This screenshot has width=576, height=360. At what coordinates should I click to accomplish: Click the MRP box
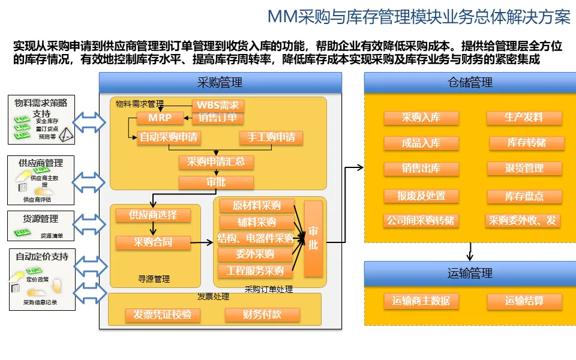160,118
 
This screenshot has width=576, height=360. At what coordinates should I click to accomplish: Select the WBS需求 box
218,106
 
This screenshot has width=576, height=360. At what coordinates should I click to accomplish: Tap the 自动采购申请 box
169,137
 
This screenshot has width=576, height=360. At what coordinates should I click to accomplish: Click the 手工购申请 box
271,137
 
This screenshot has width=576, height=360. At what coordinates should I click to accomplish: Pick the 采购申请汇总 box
216,162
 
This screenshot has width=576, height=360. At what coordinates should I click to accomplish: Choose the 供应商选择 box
152,215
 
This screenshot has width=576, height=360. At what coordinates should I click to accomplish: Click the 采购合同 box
152,242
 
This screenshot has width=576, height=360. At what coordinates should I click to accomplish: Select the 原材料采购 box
256,206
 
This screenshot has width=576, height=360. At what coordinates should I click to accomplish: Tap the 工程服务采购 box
255,271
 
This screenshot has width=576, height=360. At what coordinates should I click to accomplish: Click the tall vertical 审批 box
313,239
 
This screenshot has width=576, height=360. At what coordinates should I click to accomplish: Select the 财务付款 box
262,314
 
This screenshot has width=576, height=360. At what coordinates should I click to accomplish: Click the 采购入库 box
421,118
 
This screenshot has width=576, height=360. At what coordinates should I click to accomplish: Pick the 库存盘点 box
524,196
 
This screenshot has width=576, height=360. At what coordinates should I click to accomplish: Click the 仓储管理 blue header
469,83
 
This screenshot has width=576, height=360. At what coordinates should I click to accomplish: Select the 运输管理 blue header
469,274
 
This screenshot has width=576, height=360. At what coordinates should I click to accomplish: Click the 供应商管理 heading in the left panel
41,163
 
